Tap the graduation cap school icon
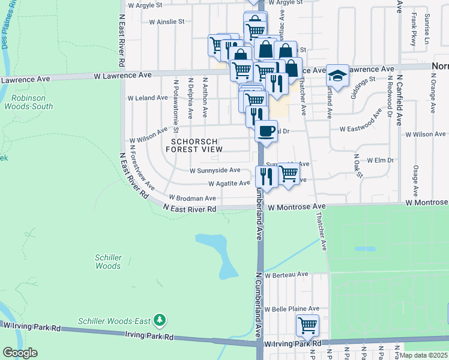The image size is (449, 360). pyautogui.click(x=337, y=76)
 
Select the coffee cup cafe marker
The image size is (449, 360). pyautogui.click(x=266, y=130)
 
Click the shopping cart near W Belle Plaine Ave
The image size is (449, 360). pyautogui.click(x=307, y=326)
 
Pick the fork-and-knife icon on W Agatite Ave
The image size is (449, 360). pyautogui.click(x=266, y=176)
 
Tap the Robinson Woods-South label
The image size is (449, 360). pyautogui.click(x=32, y=101)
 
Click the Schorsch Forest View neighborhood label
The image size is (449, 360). pyautogui.click(x=197, y=145)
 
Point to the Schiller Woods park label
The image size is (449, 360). pyautogui.click(x=108, y=262)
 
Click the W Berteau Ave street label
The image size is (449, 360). pyautogui.click(x=288, y=274)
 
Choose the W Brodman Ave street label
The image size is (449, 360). pyautogui.click(x=192, y=198)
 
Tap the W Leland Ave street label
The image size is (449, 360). pyautogui.click(x=148, y=98)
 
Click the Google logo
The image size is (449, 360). pyautogui.click(x=20, y=353)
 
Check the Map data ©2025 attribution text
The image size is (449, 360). pyautogui.click(x=423, y=355)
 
